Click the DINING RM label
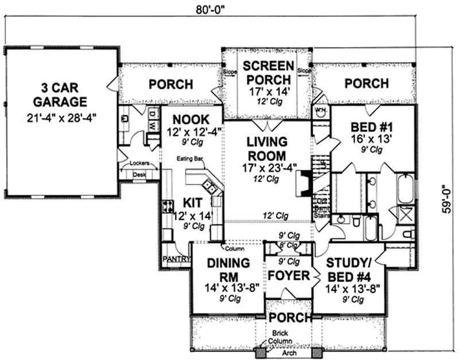[x=228, y=270]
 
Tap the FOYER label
[x=289, y=276]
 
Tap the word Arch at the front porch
[x=289, y=353]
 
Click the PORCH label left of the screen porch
[x=170, y=84]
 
